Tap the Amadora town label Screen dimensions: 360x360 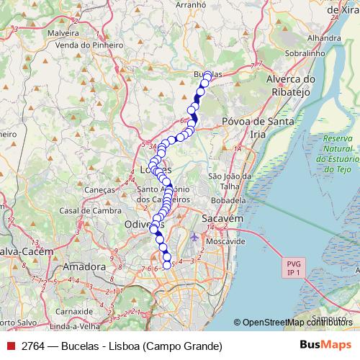click(84, 267)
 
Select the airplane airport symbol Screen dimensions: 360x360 click(194, 237)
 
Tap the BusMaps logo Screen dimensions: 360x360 click(320, 346)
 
